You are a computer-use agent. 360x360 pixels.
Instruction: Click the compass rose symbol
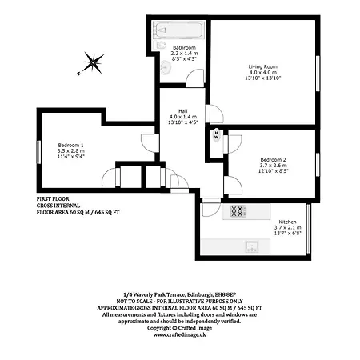(x=93, y=61)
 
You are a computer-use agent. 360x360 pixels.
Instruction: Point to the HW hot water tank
(x=216, y=136)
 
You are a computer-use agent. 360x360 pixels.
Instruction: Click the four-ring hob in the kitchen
(x=238, y=212)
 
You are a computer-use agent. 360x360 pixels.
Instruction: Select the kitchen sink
(x=250, y=246)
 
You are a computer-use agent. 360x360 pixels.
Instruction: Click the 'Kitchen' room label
(x=288, y=221)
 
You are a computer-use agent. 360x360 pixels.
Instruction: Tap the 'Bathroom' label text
(x=185, y=47)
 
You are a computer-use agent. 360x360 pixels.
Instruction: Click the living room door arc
(x=217, y=114)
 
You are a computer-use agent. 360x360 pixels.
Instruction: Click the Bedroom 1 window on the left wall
(x=38, y=152)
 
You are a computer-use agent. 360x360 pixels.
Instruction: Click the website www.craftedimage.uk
(x=181, y=335)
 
